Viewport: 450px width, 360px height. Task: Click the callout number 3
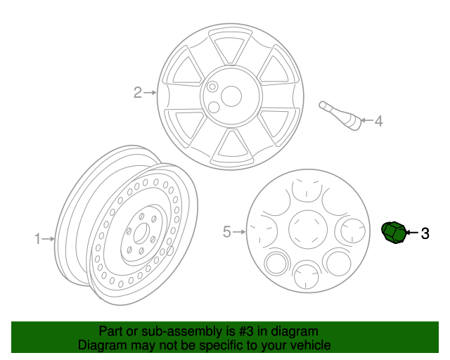click(425, 233)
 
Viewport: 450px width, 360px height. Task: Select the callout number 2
click(138, 91)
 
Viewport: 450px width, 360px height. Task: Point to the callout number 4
click(378, 122)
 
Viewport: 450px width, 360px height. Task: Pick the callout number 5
click(226, 231)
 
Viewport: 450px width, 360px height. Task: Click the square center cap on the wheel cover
click(307, 229)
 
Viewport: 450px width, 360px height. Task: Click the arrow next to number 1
click(49, 239)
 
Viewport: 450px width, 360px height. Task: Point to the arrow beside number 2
click(150, 91)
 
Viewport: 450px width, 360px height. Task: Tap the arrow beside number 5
click(238, 231)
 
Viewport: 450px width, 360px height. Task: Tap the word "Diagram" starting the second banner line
click(99, 345)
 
